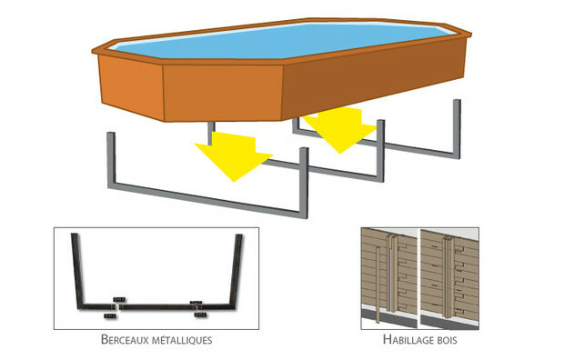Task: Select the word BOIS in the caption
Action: [x=446, y=340]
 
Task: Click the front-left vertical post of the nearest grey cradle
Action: [x=112, y=158]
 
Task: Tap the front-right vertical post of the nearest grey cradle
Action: [x=304, y=183]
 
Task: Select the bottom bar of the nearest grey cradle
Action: [x=208, y=199]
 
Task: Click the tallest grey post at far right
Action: [x=457, y=129]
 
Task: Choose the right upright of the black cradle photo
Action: [x=237, y=270]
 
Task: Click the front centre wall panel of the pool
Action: [x=223, y=93]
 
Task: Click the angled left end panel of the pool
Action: [x=131, y=88]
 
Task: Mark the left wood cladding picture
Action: [x=389, y=278]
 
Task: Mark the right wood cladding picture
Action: [x=449, y=278]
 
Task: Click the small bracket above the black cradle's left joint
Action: [x=119, y=299]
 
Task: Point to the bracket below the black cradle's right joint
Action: [x=201, y=315]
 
